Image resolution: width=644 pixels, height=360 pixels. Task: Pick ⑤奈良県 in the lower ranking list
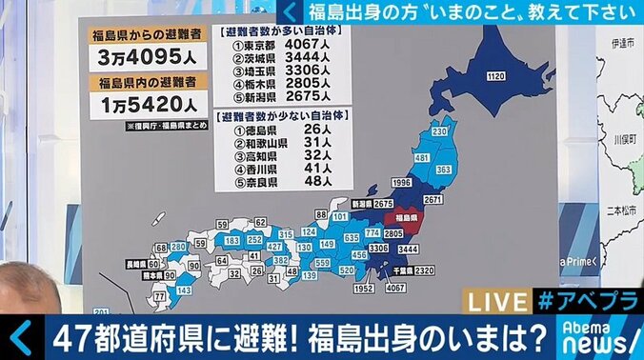tap(252, 181)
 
